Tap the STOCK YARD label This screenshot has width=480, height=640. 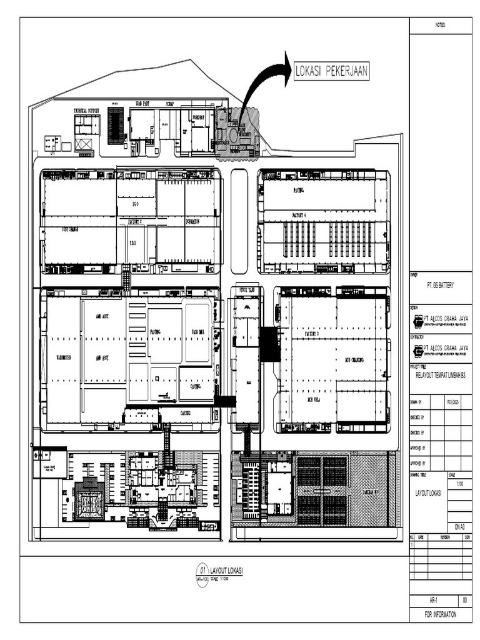[x=247, y=291]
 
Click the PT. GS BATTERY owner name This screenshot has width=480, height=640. [x=440, y=285]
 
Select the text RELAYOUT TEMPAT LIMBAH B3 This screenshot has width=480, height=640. [x=441, y=376]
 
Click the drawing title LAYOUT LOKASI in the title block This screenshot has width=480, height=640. [x=428, y=493]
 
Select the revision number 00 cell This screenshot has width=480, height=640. [x=465, y=601]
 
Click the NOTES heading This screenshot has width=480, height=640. [x=440, y=25]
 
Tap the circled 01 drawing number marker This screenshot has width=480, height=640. [x=202, y=569]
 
